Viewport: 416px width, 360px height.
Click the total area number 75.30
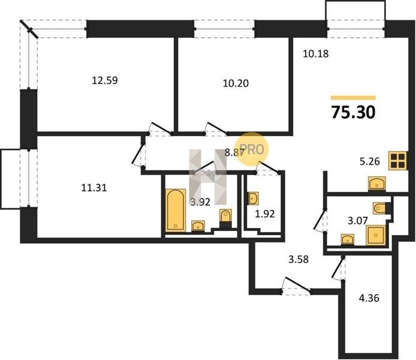coord(353,112)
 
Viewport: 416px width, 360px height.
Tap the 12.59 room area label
coord(105,80)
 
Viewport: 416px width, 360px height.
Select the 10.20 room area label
coord(236,83)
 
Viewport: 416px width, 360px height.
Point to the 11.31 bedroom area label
coord(94,188)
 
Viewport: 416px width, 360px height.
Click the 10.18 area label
coord(316,53)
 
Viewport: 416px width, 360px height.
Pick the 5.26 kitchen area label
coord(370,161)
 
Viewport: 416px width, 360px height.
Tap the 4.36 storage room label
coord(369,298)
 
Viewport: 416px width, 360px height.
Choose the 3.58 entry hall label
coord(299,259)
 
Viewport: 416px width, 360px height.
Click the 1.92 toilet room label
coord(265,214)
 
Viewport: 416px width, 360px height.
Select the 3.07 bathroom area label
coord(358,220)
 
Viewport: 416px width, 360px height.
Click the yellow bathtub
coord(176,210)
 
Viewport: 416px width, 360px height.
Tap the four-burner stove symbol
coord(397,160)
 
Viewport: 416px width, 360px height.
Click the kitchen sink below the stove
coord(376,184)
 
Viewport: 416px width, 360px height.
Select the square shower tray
coord(375,235)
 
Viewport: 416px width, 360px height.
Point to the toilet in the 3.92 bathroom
coord(225,218)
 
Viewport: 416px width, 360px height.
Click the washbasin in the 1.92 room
coord(254,199)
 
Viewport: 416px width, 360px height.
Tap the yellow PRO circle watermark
coord(252,149)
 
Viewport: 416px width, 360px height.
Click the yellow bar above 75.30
coord(353,98)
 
